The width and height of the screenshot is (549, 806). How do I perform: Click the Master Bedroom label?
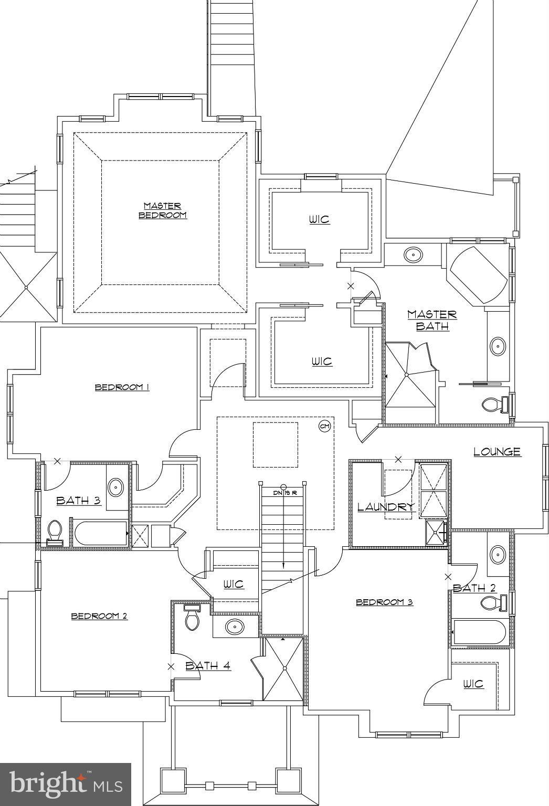[162, 210]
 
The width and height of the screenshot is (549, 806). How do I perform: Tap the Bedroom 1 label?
[122, 387]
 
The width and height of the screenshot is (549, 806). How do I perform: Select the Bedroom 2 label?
[99, 616]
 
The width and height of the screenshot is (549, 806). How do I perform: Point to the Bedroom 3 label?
[384, 602]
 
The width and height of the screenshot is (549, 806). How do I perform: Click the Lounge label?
[497, 452]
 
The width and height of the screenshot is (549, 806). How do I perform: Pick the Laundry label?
[386, 507]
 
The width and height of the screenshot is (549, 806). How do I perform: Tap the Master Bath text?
[432, 320]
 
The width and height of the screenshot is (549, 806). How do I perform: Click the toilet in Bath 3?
[55, 531]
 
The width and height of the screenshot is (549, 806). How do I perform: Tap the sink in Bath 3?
[115, 487]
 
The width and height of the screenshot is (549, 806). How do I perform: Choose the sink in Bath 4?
[234, 626]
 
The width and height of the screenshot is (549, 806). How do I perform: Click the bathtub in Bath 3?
[101, 533]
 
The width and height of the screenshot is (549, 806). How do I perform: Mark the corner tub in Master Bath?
[477, 274]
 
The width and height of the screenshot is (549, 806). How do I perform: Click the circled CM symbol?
[325, 426]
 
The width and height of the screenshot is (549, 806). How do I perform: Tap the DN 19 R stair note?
[285, 493]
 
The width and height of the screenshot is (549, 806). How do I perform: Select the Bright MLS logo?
[65, 784]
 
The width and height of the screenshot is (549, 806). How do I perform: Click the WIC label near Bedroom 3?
[473, 684]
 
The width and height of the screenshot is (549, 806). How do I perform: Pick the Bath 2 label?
[474, 588]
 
